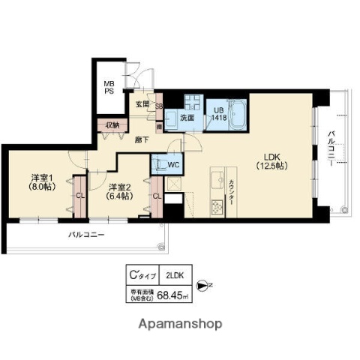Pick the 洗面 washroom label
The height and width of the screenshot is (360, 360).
pos(187,118)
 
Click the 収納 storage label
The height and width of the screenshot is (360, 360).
pos(112,125)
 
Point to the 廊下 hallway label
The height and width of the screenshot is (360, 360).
pos(142,139)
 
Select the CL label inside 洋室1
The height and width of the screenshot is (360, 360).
pos(79,196)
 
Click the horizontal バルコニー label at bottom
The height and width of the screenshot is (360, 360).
pos(87,235)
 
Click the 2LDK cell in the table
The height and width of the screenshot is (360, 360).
pos(174,275)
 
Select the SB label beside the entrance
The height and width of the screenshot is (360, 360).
pos(159,106)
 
